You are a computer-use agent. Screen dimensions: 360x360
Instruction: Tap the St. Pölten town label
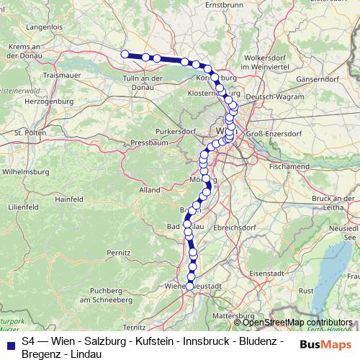[x=30, y=133]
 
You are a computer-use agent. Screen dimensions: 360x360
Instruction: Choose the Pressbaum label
[x=149, y=143]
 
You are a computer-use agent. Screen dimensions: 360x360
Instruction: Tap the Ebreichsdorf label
[x=235, y=227]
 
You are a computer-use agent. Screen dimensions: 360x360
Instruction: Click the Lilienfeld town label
[x=22, y=206]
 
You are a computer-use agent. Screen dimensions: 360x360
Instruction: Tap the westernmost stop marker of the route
[x=125, y=53]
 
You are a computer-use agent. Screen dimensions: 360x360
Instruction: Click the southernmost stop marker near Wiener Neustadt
[x=190, y=286]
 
